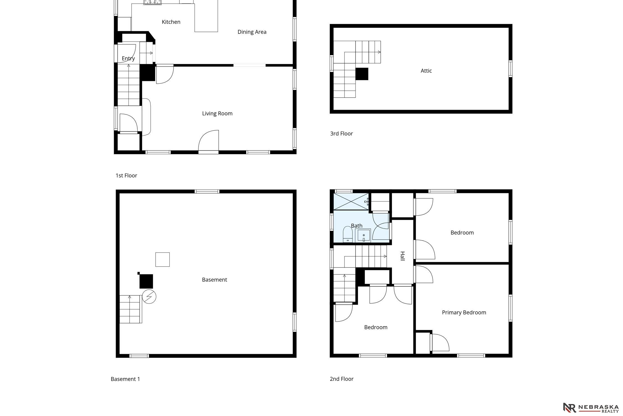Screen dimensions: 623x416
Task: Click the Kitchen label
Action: click(x=171, y=22)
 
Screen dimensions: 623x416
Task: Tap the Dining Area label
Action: click(x=252, y=32)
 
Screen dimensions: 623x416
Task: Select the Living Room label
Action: click(x=217, y=113)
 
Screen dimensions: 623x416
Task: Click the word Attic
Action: click(x=426, y=71)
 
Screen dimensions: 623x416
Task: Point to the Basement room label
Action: click(x=214, y=280)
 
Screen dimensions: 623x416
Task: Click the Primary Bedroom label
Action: click(x=464, y=313)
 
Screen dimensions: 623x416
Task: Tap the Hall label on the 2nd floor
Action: click(x=402, y=256)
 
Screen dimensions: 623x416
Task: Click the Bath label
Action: click(x=357, y=226)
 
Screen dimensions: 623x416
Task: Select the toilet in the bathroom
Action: click(x=347, y=234)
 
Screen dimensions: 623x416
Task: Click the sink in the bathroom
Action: click(x=363, y=235)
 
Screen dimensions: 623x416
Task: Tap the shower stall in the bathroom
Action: click(x=351, y=202)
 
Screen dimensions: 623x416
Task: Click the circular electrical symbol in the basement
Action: click(x=149, y=296)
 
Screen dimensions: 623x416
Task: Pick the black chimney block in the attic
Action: click(x=362, y=74)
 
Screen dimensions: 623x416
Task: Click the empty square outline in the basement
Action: click(x=163, y=260)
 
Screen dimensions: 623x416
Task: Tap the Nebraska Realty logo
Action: click(x=591, y=408)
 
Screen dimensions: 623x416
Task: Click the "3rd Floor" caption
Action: click(x=341, y=134)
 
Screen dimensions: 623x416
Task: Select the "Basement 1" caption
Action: click(x=125, y=379)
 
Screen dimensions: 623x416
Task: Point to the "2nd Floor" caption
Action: click(x=341, y=379)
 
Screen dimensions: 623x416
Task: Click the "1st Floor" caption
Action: click(x=126, y=176)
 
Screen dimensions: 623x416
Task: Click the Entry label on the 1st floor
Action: click(x=128, y=59)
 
